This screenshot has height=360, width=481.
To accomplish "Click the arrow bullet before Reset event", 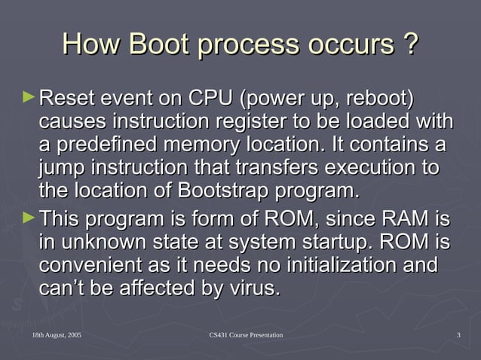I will tap(29, 96).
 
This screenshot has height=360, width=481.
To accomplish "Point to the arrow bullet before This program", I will tap(29, 219).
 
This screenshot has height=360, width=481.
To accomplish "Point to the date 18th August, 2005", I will tap(57, 334).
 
